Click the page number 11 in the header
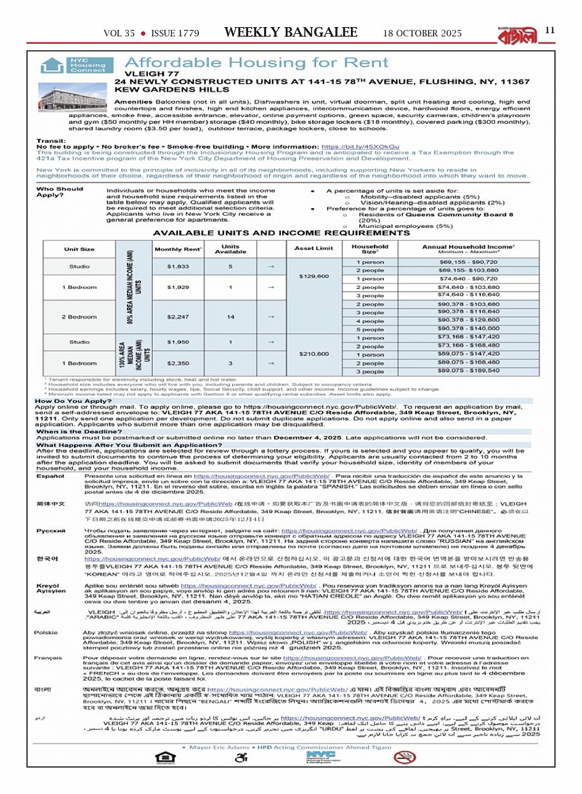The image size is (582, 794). (x=550, y=30)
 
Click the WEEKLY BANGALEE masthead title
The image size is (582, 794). (x=291, y=33)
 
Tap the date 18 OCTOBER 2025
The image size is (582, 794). (x=422, y=33)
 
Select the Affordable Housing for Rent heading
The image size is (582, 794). (x=257, y=63)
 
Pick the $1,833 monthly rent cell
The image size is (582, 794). (x=178, y=266)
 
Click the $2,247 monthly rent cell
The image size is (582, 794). (x=178, y=317)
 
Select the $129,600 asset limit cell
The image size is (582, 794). (x=313, y=276)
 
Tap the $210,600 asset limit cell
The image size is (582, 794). (x=313, y=354)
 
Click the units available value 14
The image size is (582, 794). (x=230, y=317)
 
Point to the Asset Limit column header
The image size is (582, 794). (x=313, y=248)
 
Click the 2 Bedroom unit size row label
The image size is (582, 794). (x=79, y=317)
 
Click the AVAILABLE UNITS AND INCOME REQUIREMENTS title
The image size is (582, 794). (x=281, y=233)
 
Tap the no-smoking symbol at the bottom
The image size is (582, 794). (x=405, y=757)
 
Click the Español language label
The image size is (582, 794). (x=50, y=476)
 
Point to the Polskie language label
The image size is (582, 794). (x=46, y=633)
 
